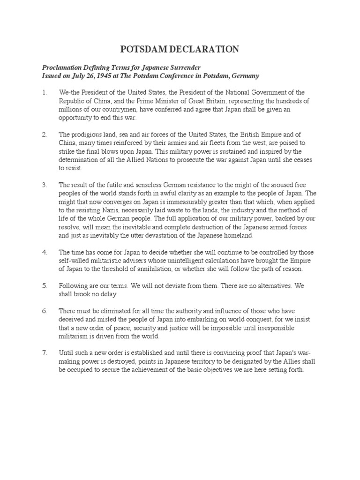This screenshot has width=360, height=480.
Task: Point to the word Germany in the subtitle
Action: click(244, 76)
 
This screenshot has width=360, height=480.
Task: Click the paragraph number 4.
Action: click(44, 252)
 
